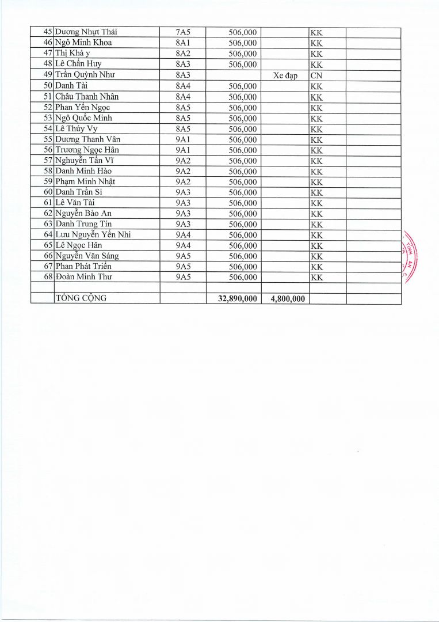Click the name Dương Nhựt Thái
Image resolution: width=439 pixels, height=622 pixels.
tap(86, 32)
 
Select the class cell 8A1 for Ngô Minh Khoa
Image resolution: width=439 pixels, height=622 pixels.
tap(183, 43)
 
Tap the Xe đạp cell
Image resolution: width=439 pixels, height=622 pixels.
tap(285, 75)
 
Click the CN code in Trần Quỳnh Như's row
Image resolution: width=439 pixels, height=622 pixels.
tap(316, 75)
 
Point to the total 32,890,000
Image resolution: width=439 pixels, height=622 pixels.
tap(234, 298)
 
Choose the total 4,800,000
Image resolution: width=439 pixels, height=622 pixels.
tap(285, 298)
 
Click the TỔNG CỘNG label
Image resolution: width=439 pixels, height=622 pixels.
tap(81, 298)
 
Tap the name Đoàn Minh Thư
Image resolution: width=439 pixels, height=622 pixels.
tap(83, 277)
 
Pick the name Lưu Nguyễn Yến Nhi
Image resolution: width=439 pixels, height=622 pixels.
tap(93, 234)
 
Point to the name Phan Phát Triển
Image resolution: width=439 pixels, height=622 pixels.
tap(83, 267)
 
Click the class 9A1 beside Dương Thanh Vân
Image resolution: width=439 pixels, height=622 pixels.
tap(183, 139)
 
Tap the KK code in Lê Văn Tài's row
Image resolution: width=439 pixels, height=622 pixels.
tap(316, 203)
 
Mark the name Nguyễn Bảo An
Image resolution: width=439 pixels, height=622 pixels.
tap(83, 213)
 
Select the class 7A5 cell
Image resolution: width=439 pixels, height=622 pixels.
tap(183, 32)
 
